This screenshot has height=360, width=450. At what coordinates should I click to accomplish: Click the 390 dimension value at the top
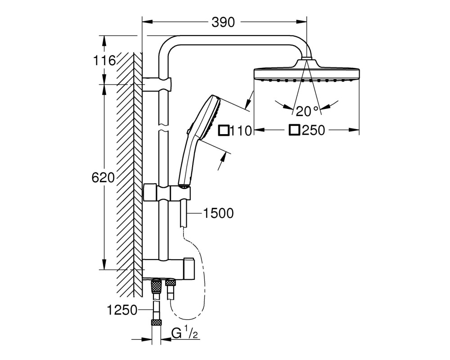[x=223, y=22]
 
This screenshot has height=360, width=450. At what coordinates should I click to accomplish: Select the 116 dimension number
[x=104, y=61]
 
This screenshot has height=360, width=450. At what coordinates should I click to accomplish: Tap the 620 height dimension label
[x=103, y=178]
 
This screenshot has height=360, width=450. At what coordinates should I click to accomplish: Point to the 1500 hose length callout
[x=218, y=213]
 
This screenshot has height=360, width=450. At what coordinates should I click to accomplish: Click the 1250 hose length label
[x=122, y=310]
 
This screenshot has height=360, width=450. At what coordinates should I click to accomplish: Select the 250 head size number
[x=313, y=130]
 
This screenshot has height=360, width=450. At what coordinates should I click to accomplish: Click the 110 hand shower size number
[x=241, y=131]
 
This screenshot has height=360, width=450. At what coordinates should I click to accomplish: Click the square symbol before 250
[x=294, y=130]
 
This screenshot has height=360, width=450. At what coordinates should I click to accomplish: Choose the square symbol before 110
[x=224, y=130]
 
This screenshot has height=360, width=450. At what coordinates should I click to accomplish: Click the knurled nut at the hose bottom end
[x=156, y=322]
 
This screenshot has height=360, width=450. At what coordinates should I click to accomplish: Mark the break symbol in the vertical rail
[x=163, y=128]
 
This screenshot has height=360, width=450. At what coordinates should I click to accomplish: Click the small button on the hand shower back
[x=188, y=131]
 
